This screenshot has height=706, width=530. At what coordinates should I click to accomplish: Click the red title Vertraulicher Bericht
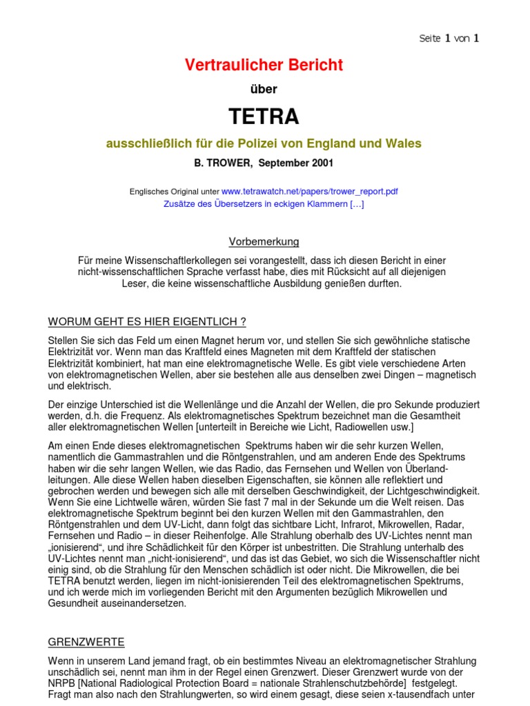click(264, 65)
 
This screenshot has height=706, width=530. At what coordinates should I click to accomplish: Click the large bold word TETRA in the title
click(264, 117)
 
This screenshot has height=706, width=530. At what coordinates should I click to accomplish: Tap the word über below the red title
click(264, 89)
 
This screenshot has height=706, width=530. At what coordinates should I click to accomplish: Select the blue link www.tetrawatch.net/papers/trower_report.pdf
click(309, 191)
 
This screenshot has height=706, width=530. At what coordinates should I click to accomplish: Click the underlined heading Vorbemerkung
click(264, 241)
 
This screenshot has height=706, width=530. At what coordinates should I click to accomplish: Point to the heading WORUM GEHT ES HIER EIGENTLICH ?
click(147, 322)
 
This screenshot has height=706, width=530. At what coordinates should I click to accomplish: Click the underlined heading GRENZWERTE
click(86, 642)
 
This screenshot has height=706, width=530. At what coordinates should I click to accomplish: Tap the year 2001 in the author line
click(322, 163)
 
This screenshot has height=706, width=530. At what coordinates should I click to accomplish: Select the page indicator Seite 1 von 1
click(449, 39)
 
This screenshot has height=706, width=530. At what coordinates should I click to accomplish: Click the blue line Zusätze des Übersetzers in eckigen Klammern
click(264, 203)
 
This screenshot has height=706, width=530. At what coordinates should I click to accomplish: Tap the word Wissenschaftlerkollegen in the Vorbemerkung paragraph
click(178, 260)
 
